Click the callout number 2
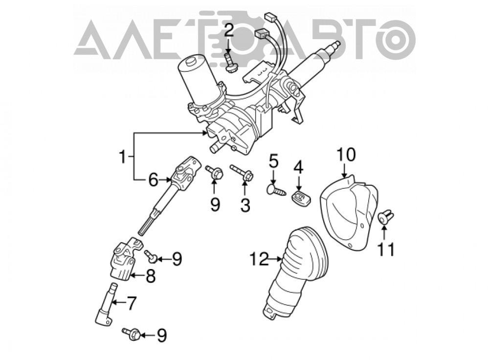pos(229,31)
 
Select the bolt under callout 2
pos(229,64)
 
